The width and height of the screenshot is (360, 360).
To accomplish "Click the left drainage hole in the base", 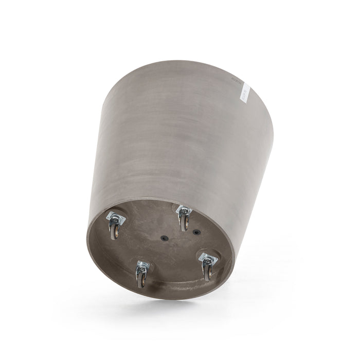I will (x=165, y=238).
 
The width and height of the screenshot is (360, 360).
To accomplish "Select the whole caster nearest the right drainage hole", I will (x=184, y=217).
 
